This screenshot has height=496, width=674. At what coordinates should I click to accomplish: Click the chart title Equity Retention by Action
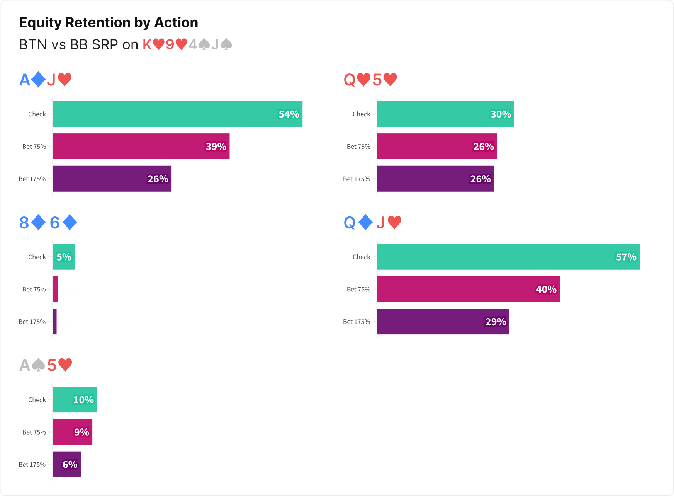pyautogui.click(x=109, y=23)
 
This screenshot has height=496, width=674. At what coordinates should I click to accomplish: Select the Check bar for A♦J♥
pyautogui.click(x=177, y=114)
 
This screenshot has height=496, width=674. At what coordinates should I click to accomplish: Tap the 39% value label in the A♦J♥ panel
pyautogui.click(x=216, y=147)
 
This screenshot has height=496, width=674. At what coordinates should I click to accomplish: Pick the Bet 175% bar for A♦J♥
pyautogui.click(x=112, y=179)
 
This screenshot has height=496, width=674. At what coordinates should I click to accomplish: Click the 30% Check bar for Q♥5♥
pyautogui.click(x=445, y=114)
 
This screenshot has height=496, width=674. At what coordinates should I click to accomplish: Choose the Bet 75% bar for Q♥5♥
pyautogui.click(x=437, y=147)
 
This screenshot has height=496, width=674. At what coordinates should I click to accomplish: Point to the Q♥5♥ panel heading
pyautogui.click(x=370, y=80)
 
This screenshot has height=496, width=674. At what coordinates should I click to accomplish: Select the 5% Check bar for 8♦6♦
pyautogui.click(x=63, y=257)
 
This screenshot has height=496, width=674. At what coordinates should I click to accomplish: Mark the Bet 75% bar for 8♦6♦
pyautogui.click(x=55, y=289)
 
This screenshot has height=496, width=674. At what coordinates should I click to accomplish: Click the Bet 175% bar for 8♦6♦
pyautogui.click(x=54, y=321)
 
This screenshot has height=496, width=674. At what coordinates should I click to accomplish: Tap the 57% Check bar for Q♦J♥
pyautogui.click(x=508, y=257)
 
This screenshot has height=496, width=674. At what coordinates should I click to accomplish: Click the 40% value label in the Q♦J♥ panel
pyautogui.click(x=546, y=289)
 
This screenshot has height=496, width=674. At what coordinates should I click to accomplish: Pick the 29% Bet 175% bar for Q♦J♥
pyautogui.click(x=443, y=321)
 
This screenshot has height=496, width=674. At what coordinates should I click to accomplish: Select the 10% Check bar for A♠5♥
pyautogui.click(x=75, y=399)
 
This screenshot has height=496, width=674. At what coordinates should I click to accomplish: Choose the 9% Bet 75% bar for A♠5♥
pyautogui.click(x=72, y=432)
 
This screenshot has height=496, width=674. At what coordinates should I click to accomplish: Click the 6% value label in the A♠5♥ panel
pyautogui.click(x=70, y=464)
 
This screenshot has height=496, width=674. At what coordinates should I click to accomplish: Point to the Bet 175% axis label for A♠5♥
pyautogui.click(x=32, y=464)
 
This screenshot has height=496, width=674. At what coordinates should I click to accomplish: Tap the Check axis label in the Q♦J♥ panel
pyautogui.click(x=361, y=257)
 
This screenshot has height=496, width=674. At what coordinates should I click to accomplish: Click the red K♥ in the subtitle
pyautogui.click(x=153, y=44)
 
